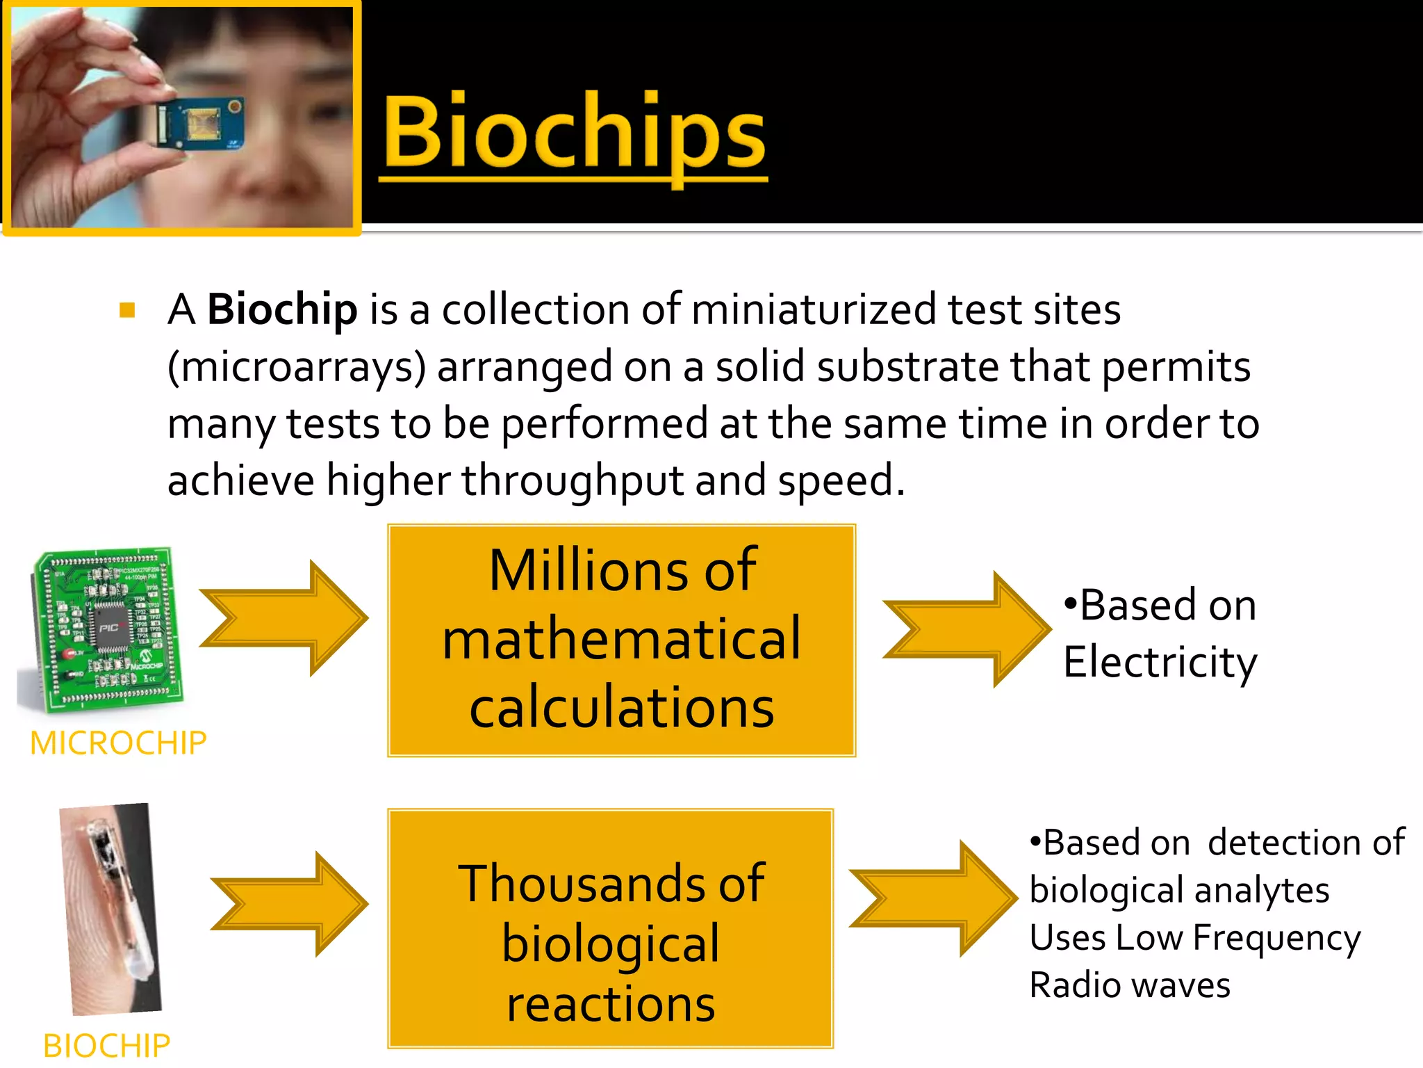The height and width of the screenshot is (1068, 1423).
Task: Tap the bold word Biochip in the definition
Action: tap(282, 309)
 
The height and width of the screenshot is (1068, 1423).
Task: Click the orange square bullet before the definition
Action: tap(127, 310)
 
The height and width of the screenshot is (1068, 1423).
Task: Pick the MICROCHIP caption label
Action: tap(118, 743)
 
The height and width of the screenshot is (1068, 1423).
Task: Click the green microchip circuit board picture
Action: tap(104, 629)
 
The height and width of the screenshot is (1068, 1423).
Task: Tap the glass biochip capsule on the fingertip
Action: tap(115, 904)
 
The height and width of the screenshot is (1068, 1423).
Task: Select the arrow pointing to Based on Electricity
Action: tap(966, 629)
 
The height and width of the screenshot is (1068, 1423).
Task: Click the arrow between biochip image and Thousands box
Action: tap(289, 903)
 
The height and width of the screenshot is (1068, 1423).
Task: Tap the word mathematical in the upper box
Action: tap(621, 639)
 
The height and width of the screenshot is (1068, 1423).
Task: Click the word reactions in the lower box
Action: tap(610, 1005)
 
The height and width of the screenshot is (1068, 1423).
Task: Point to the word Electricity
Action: tap(1160, 662)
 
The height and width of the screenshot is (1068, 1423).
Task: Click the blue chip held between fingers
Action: tap(198, 122)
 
